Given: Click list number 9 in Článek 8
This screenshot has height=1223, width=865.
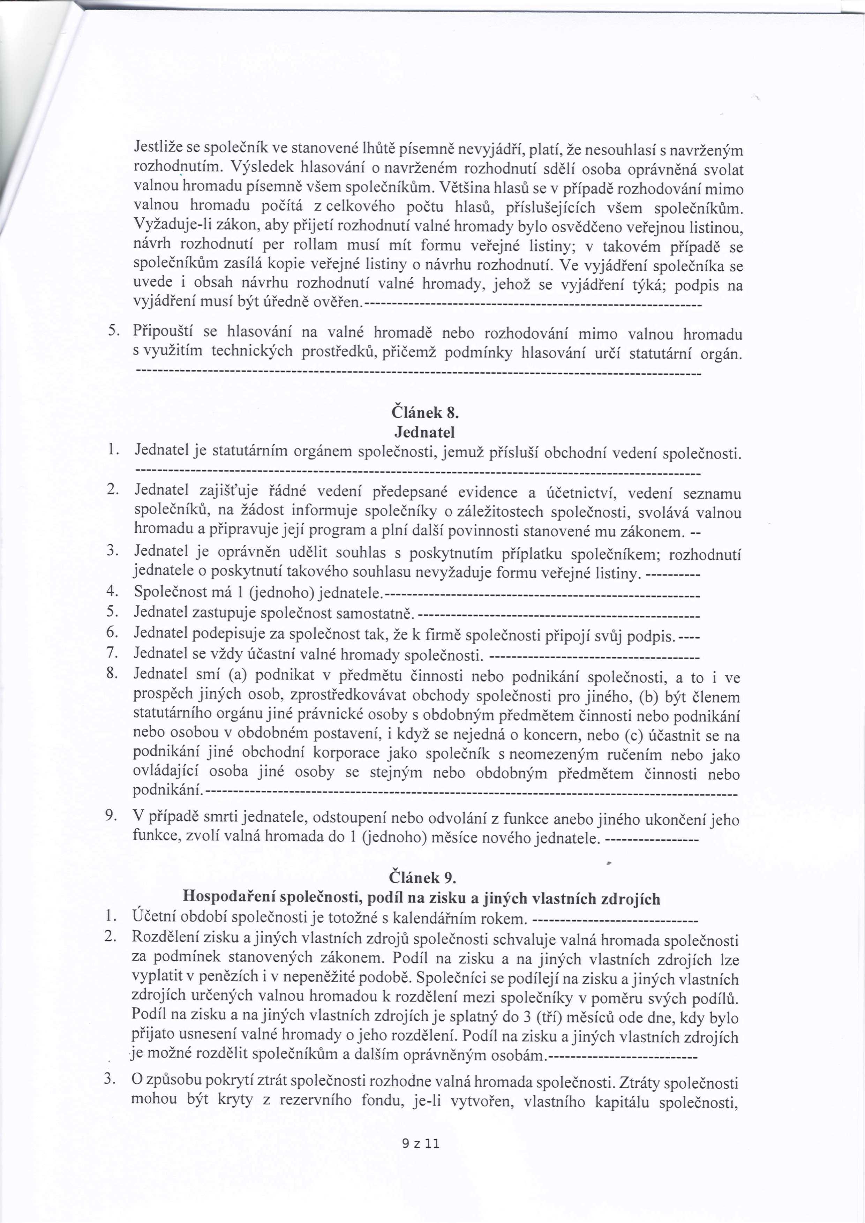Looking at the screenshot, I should tap(111, 816).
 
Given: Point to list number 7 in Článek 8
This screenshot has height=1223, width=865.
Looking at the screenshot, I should tap(111, 653).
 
